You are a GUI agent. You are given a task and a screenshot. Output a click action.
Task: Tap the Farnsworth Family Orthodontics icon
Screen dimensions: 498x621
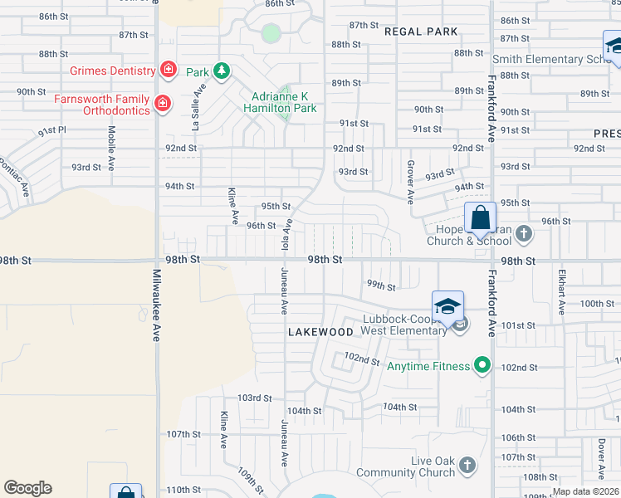tap(163, 104)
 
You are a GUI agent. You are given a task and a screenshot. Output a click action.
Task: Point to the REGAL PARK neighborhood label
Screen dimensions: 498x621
tap(421, 32)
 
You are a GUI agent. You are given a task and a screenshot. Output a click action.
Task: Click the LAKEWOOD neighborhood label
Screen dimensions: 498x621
tap(320, 331)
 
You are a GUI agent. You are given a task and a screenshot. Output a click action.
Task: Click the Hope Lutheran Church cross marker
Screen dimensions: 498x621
tap(523, 234)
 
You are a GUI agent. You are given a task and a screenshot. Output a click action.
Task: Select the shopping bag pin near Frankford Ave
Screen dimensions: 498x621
tap(480, 219)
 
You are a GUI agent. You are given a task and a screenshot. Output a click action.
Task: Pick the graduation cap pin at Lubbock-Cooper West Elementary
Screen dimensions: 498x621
tap(447, 306)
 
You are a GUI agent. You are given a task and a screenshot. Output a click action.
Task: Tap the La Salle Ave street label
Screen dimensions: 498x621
tap(197, 112)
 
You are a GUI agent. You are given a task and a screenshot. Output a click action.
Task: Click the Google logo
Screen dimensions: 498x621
tap(27, 488)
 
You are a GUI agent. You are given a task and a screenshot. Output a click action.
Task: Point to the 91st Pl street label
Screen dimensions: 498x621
tap(51, 131)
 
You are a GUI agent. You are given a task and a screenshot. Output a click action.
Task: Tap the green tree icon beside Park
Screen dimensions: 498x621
tap(221, 71)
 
